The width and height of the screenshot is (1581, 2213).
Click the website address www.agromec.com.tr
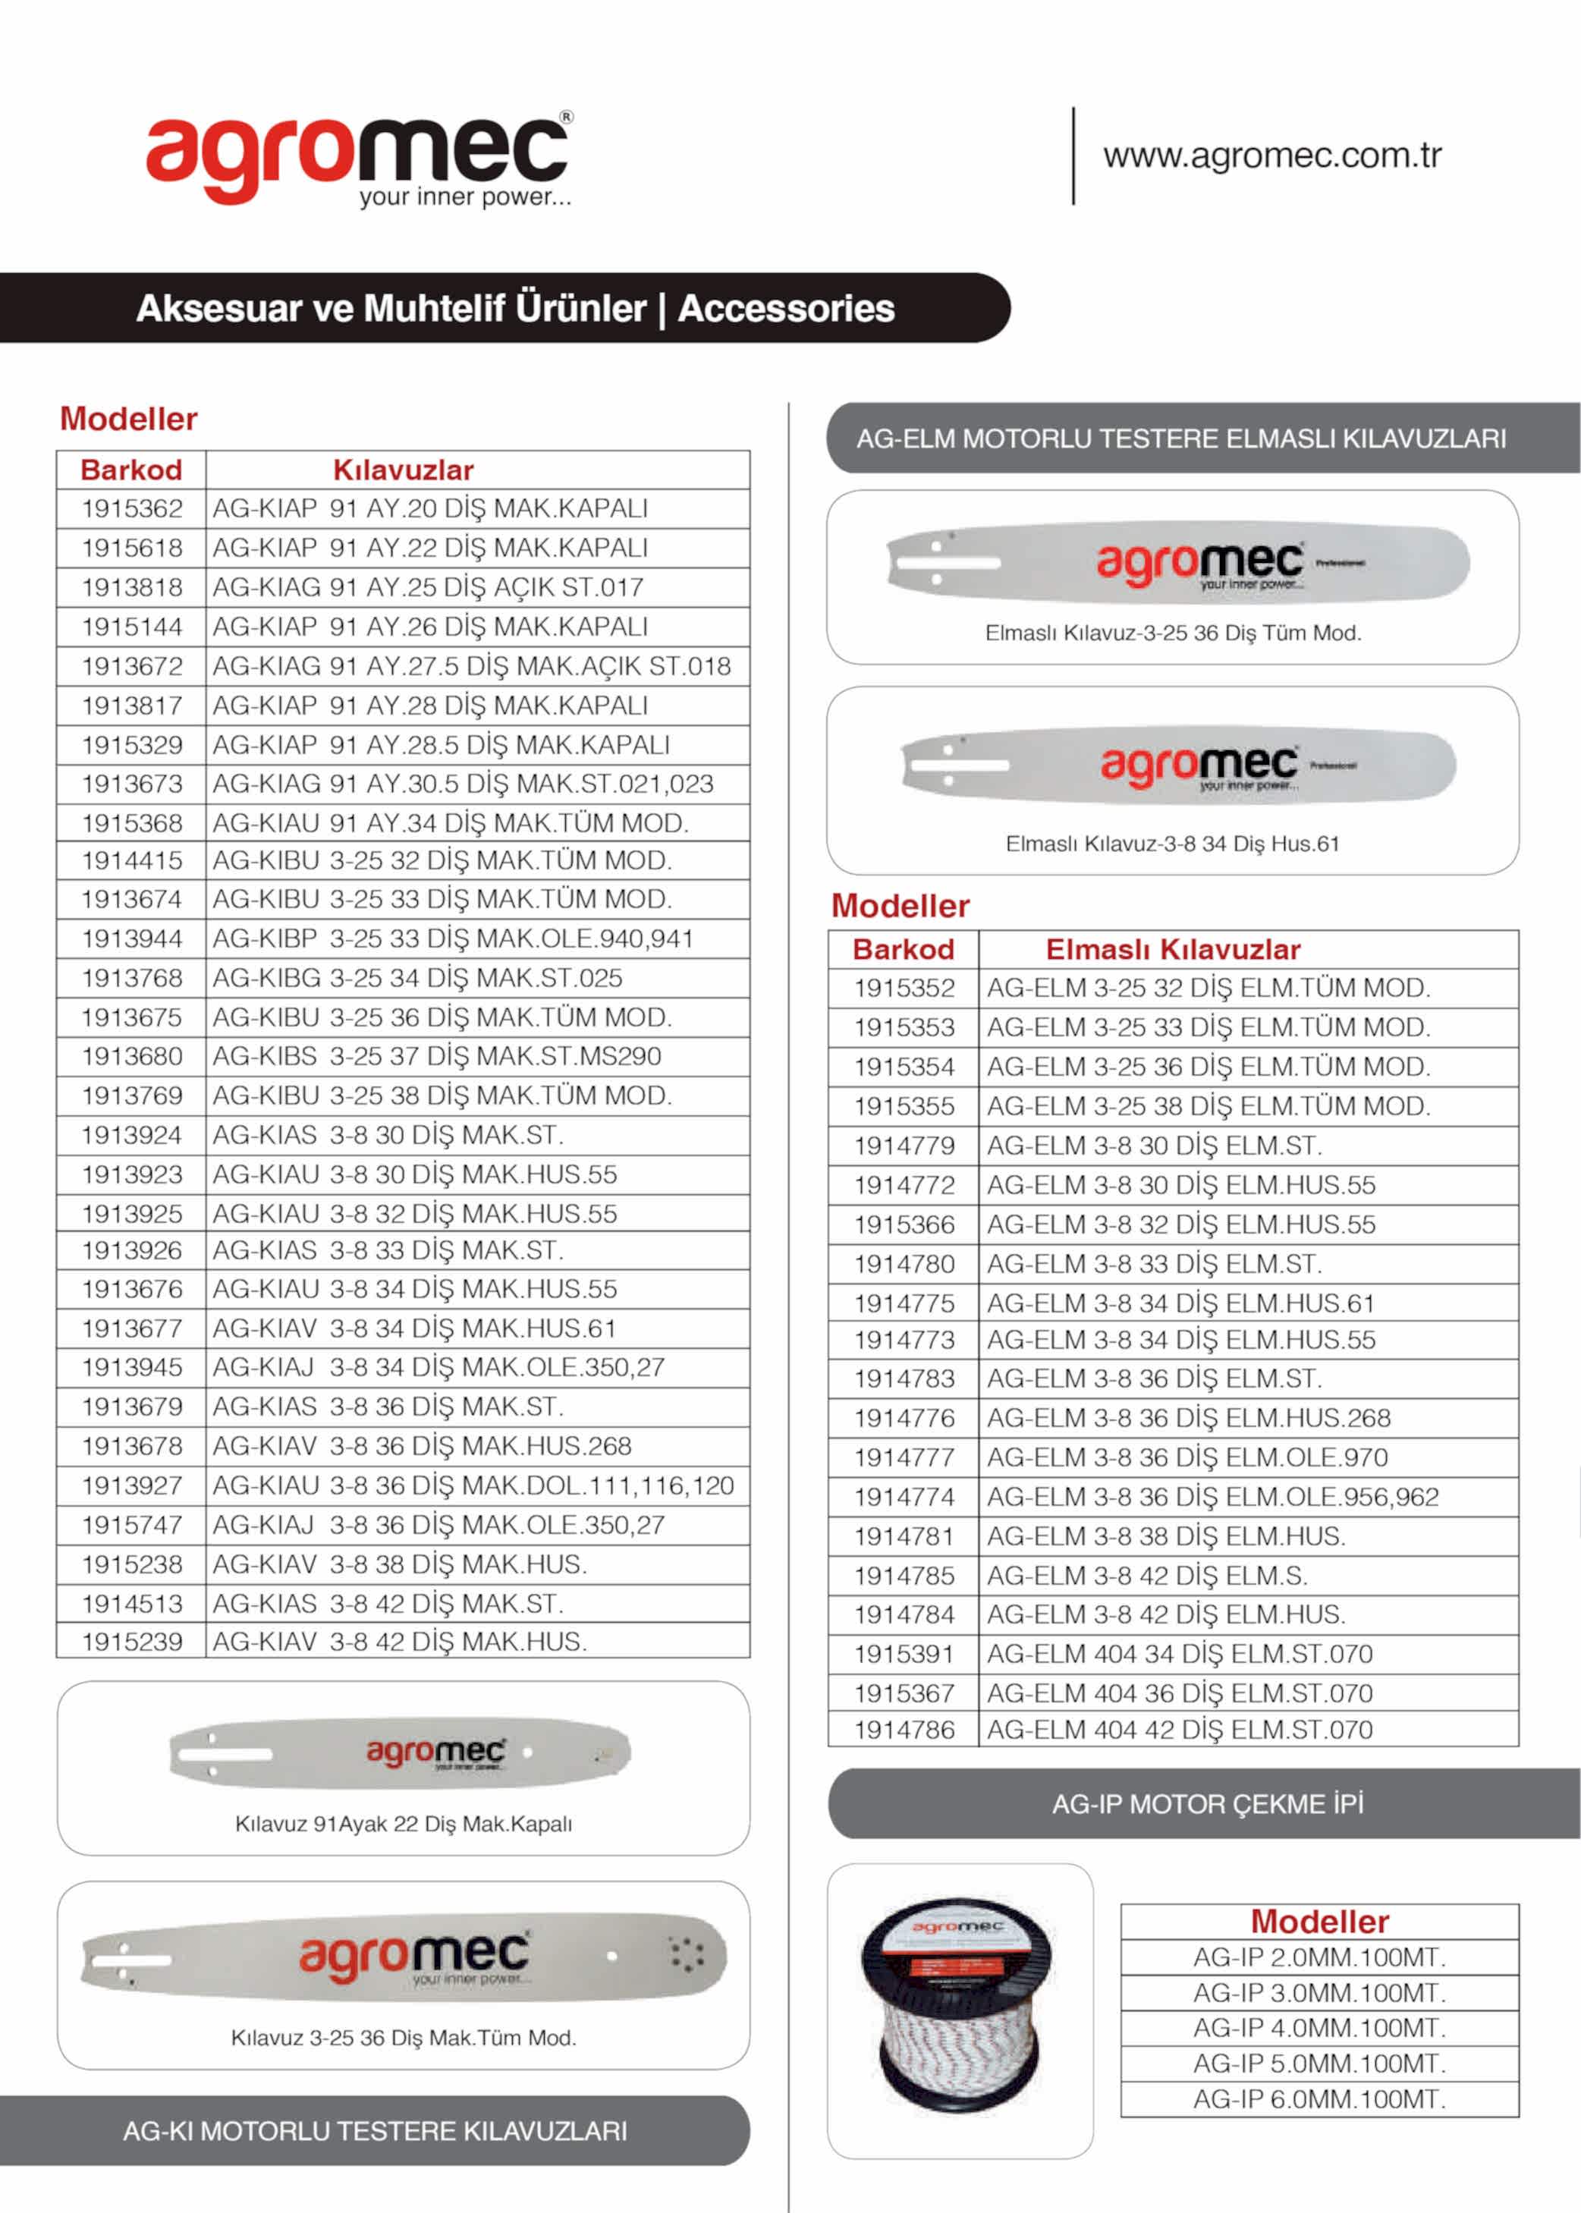click(1271, 156)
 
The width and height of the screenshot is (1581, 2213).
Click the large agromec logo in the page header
click(358, 159)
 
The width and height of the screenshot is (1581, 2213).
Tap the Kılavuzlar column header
click(403, 470)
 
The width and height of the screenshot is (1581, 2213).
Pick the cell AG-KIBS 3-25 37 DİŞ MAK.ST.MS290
click(436, 1056)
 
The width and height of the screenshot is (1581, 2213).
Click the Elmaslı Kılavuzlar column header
click(1172, 949)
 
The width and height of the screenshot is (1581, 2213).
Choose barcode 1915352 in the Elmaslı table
click(904, 989)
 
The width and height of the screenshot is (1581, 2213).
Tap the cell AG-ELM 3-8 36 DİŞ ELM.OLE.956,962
click(1212, 1496)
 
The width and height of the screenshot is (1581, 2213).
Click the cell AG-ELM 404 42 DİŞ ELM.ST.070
click(1179, 1729)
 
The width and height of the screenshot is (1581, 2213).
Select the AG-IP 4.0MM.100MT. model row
click(1319, 2028)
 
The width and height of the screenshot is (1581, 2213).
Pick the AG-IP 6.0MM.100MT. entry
click(1319, 2099)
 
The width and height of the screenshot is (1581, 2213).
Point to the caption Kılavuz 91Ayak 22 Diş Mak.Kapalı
click(403, 1824)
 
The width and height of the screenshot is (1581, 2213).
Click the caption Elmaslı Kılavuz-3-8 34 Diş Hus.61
click(1172, 844)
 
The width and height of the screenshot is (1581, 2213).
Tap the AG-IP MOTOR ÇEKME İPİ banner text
click(1207, 1804)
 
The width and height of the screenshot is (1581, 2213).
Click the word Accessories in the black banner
click(786, 309)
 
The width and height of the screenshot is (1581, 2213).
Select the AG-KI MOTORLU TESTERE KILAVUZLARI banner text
click(375, 2131)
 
